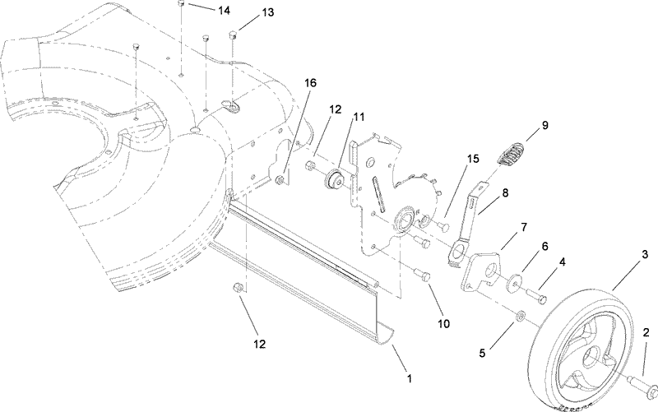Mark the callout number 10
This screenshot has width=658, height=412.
[x=443, y=323]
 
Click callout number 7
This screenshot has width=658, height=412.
[x=524, y=227]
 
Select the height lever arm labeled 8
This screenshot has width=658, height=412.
[x=466, y=218]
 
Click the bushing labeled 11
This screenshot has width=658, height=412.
[x=336, y=179]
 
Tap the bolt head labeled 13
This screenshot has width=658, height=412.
[x=233, y=34]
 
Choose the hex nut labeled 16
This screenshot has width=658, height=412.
[x=283, y=178]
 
